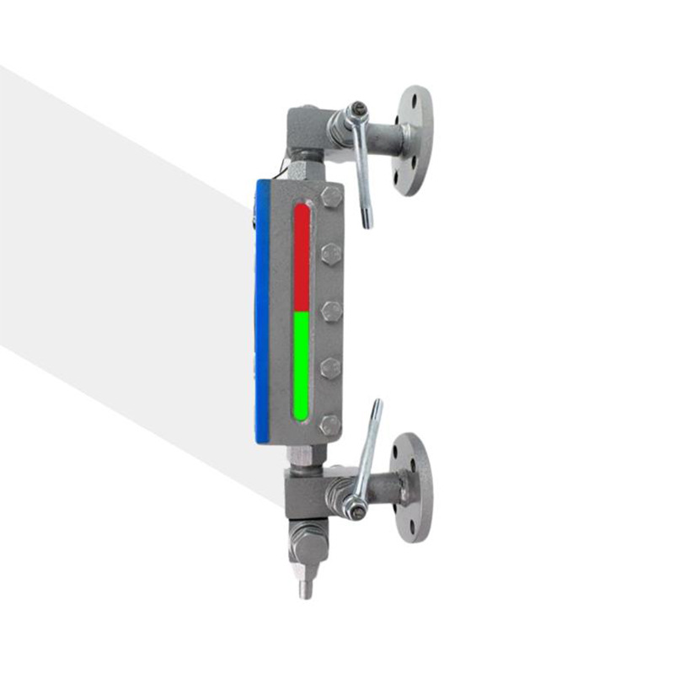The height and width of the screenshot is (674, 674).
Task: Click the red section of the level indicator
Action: (301, 257)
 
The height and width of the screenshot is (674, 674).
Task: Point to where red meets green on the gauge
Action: (301, 312)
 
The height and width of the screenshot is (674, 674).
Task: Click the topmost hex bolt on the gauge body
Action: (331, 199)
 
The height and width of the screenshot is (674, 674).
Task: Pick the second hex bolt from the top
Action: (331, 254)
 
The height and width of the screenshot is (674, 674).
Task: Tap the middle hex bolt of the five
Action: (332, 310)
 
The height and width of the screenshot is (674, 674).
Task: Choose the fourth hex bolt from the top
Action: (332, 367)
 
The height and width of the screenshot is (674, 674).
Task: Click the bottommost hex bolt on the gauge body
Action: (331, 424)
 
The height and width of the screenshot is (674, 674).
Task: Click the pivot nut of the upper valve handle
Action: (359, 110)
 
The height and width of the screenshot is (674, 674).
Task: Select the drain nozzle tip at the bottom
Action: (306, 587)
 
